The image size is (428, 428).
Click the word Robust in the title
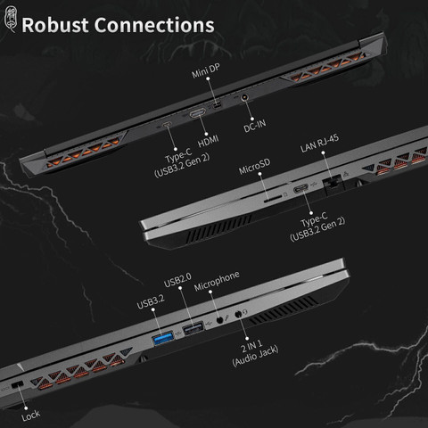[x=55, y=25]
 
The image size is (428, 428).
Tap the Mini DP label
[x=206, y=70]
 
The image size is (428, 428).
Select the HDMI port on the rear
[x=198, y=113]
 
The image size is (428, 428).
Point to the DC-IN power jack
[x=244, y=97]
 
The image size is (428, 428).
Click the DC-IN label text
[x=255, y=125]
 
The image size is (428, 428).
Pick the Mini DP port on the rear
[x=218, y=104]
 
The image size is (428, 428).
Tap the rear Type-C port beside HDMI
[x=167, y=124]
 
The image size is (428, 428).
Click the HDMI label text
[x=209, y=141]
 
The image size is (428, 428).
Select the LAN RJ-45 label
[x=319, y=143]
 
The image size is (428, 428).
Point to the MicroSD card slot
[x=273, y=199]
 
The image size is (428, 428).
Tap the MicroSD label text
[x=255, y=167]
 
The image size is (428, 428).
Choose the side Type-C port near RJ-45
[x=301, y=189]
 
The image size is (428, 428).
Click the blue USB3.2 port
[x=163, y=339]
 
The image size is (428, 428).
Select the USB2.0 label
[x=177, y=280]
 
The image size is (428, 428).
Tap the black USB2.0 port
[x=193, y=328]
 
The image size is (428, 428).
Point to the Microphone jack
[x=219, y=320]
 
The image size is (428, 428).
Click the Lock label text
[x=30, y=416]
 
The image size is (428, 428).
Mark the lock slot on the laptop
[x=17, y=384]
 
